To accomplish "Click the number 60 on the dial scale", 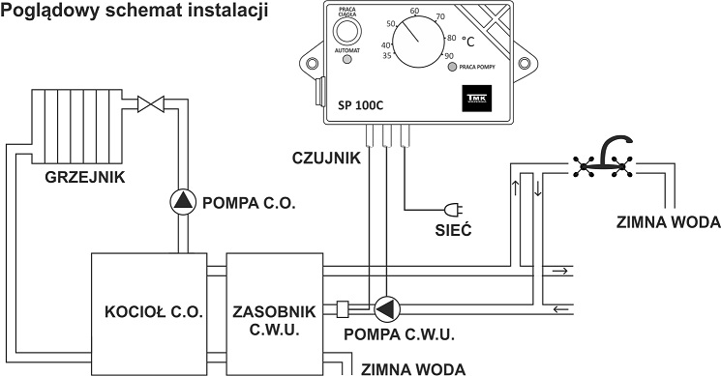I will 415,11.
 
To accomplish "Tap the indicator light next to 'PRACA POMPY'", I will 450,67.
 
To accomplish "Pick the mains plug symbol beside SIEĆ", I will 451,208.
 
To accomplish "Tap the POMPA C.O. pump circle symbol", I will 183,200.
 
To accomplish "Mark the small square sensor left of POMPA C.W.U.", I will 342,309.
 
